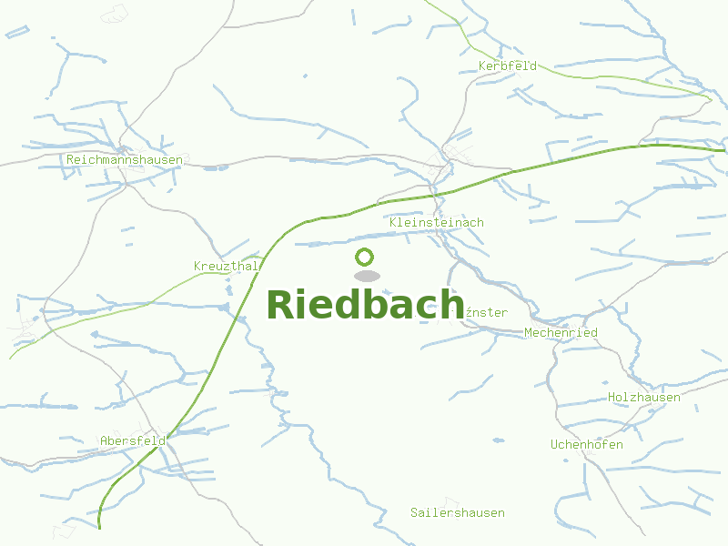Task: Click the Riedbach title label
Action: [x=365, y=304]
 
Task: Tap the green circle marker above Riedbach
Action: [x=365, y=257]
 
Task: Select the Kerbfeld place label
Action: [x=508, y=66]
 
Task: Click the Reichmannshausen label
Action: [x=125, y=160]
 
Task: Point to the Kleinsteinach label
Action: [x=436, y=223]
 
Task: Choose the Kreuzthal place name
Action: [x=227, y=267]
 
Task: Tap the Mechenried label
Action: [x=561, y=333]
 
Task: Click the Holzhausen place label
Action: [x=644, y=398]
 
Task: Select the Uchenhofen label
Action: [x=587, y=445]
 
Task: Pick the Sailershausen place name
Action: [x=458, y=513]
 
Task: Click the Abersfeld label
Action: [x=133, y=441]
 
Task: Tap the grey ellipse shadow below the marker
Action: [x=366, y=276]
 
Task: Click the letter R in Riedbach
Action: [x=281, y=305]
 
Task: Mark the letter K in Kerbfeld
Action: [x=482, y=66]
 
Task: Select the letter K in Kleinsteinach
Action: [x=392, y=223]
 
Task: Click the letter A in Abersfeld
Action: [x=104, y=441]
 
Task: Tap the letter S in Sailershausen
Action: [x=414, y=513]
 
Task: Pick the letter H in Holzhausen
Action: [x=612, y=398]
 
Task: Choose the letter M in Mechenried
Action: [x=528, y=333]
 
